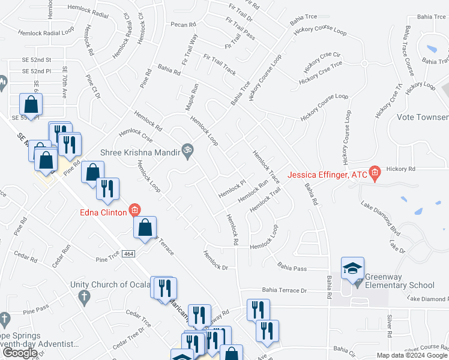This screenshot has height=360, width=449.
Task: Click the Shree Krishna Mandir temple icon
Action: tap(187, 152)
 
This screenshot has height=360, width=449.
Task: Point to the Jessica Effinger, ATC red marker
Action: tap(375, 173)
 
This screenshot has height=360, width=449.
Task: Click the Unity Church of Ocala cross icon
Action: tap(83, 296)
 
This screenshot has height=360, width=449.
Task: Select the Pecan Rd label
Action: tap(183, 25)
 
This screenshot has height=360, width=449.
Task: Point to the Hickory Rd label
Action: tap(401, 170)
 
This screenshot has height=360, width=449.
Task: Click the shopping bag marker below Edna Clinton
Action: tap(145, 229)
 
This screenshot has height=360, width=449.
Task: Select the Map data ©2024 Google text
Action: tap(411, 355)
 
